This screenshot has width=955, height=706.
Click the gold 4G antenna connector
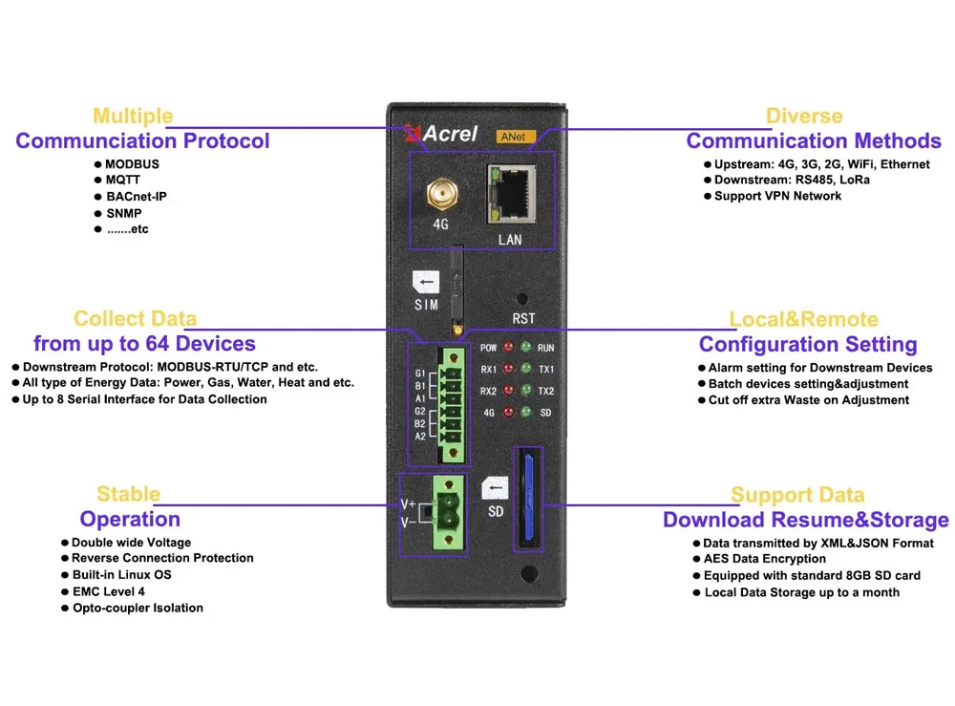point(440,196)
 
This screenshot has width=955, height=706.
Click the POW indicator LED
point(508,348)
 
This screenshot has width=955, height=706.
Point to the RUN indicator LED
point(525,348)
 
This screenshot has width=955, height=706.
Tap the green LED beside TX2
point(525,391)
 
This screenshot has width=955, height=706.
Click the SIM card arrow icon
point(426,283)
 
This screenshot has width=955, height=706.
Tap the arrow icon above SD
point(495,489)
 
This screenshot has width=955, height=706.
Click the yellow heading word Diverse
point(804,117)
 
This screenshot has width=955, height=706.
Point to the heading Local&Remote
point(803,319)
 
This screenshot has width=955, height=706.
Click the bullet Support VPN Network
point(777,196)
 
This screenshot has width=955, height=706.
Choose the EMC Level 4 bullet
point(109,591)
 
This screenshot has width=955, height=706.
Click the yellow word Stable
point(128,494)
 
